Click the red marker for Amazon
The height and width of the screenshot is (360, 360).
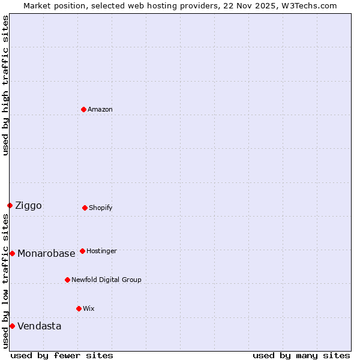click(x=83, y=109)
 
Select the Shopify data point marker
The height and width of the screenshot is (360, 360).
click(x=85, y=208)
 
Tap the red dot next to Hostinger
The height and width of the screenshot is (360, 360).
click(x=82, y=251)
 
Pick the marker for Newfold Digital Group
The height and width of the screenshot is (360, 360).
click(x=67, y=280)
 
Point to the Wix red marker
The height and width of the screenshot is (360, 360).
click(x=79, y=308)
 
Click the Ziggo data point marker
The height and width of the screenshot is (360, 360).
click(x=10, y=205)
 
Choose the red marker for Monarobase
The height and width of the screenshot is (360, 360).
click(x=12, y=253)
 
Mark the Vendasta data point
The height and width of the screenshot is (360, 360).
click(x=12, y=326)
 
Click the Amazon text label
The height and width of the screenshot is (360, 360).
click(x=100, y=109)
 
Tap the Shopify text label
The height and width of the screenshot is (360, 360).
click(x=101, y=208)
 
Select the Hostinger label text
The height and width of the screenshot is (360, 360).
click(x=101, y=251)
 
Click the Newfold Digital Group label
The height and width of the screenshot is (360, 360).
click(x=106, y=280)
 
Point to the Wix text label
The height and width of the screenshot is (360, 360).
click(x=89, y=308)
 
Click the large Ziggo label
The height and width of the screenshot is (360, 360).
click(x=28, y=206)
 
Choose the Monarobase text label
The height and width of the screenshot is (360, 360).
click(x=46, y=253)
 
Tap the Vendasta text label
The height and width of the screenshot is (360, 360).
click(x=39, y=326)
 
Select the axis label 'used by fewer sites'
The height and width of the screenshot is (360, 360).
click(x=62, y=355)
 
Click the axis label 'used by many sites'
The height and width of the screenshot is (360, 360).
click(x=301, y=355)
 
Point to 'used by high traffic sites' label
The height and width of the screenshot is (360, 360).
click(x=5, y=85)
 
